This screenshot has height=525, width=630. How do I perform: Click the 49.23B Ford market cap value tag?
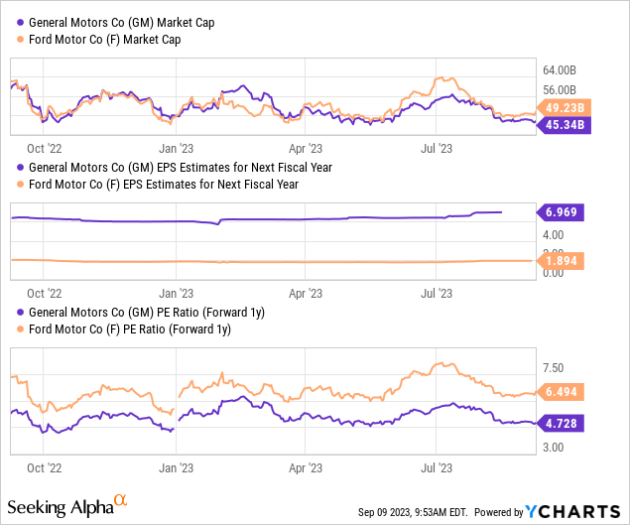tap(564, 107)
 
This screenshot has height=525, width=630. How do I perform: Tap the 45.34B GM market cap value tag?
tap(564, 124)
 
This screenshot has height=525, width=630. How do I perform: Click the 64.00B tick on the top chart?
tap(559, 70)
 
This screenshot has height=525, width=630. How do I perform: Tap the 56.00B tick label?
tap(559, 89)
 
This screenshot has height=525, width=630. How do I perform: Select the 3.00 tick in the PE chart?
tap(554, 449)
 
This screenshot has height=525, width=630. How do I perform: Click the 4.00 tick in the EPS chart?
tap(554, 235)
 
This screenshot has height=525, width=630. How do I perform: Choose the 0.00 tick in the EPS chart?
tap(554, 272)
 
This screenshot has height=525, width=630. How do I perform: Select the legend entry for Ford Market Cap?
tap(109, 39)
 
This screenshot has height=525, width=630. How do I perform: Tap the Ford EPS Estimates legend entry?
tap(163, 184)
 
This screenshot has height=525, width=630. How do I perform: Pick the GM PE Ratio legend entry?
tap(140, 313)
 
